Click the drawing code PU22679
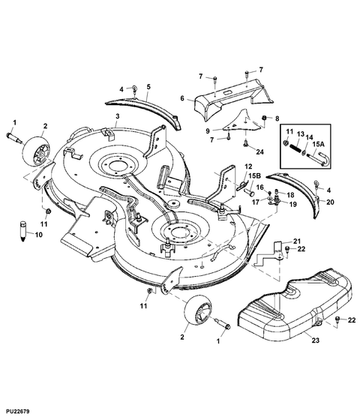pyautogui.click(x=18, y=411)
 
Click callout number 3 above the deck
pyautogui.click(x=118, y=116)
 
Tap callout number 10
pyautogui.click(x=39, y=235)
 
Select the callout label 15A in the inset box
pyautogui.click(x=319, y=144)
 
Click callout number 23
pyautogui.click(x=316, y=340)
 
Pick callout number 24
pyautogui.click(x=259, y=151)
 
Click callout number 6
pyautogui.click(x=182, y=98)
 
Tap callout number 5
pyautogui.click(x=148, y=87)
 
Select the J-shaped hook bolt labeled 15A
pyautogui.click(x=319, y=157)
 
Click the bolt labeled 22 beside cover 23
pyautogui.click(x=337, y=319)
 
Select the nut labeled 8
pyautogui.click(x=263, y=118)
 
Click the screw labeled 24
pyautogui.click(x=245, y=144)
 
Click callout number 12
pyautogui.click(x=248, y=166)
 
